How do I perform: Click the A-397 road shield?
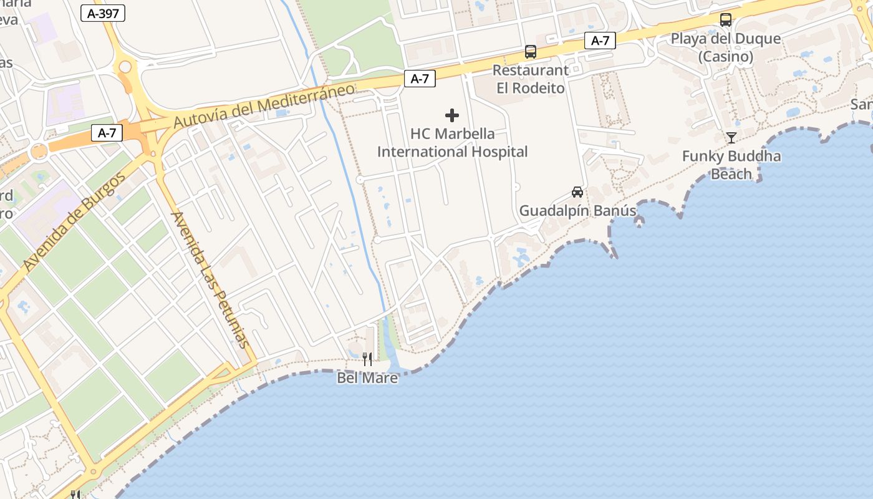(103, 13)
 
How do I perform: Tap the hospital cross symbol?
(452, 115)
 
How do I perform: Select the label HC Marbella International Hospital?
(453, 143)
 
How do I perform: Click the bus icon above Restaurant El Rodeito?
(531, 52)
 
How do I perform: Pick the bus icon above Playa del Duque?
(726, 19)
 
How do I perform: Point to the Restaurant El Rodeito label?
(531, 79)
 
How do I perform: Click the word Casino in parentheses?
(725, 57)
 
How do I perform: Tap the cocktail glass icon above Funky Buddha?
(731, 138)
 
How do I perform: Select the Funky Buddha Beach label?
(731, 165)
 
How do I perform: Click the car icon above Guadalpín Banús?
(577, 192)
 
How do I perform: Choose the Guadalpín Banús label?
(578, 211)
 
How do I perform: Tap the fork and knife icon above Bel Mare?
(367, 359)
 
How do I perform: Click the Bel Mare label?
(367, 377)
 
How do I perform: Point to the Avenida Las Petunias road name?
(210, 279)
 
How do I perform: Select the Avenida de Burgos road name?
(75, 221)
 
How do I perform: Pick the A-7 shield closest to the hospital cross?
(420, 79)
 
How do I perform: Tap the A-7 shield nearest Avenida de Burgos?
(107, 132)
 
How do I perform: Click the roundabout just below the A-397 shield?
(125, 67)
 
